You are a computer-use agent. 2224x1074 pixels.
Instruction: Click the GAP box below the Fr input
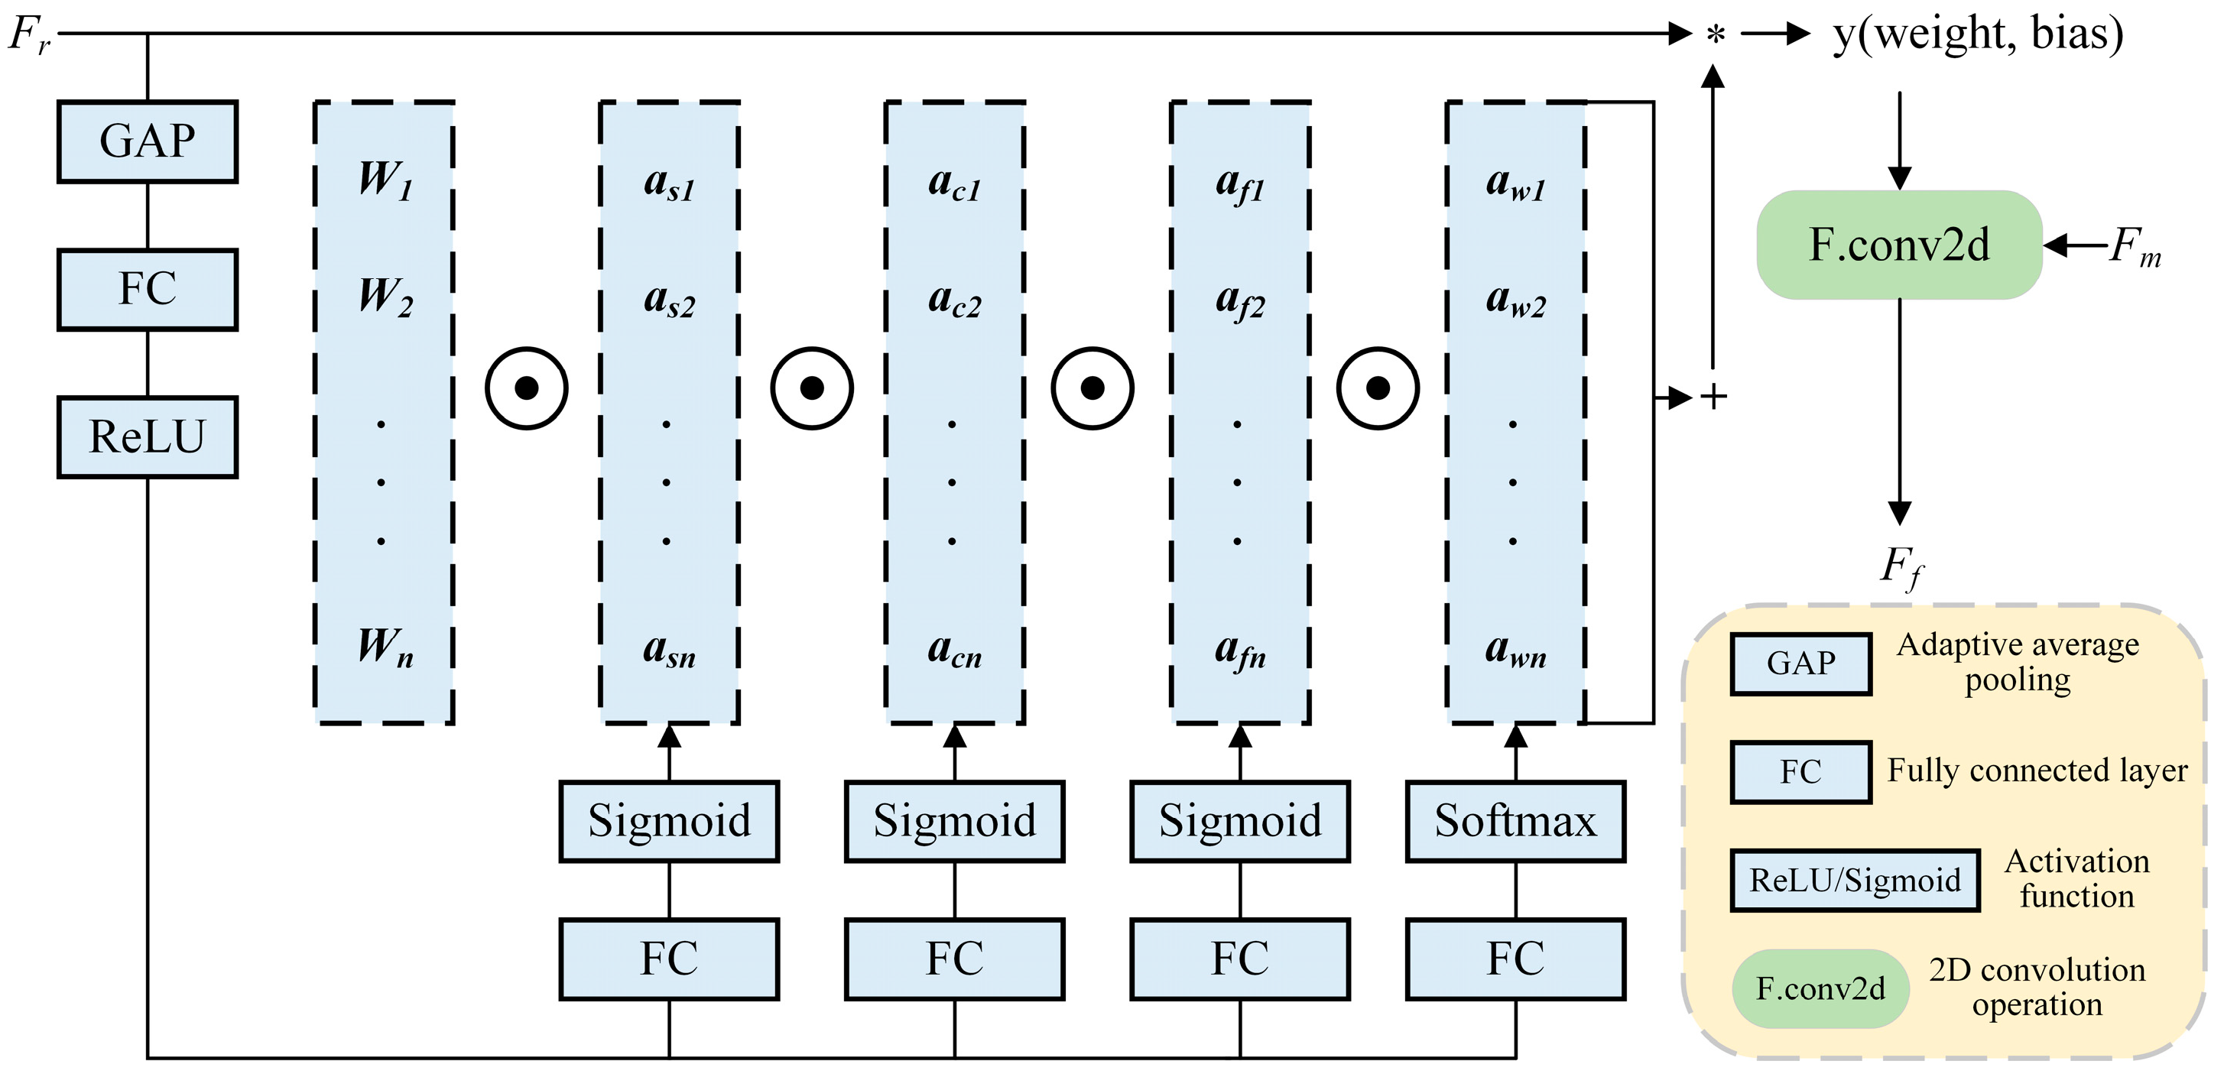148,141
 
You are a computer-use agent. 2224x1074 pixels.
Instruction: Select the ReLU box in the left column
148,436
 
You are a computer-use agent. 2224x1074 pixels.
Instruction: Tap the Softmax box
1515,821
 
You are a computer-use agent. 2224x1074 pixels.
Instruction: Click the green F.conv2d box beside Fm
1898,245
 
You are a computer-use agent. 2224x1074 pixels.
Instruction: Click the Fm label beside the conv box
2135,247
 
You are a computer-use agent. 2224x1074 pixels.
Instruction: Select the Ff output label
1901,567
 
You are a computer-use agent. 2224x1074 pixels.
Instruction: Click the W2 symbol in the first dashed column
385,296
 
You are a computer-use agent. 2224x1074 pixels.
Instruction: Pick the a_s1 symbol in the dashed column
669,184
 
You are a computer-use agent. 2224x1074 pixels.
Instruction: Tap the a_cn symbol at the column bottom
954,650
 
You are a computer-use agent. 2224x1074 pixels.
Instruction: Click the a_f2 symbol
1240,301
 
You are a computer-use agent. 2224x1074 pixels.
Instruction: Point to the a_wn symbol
1515,650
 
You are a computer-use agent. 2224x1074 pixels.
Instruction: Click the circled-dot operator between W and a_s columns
526,388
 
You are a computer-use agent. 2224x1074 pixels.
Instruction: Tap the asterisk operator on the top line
1715,36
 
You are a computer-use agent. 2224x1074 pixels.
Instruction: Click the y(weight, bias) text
1977,34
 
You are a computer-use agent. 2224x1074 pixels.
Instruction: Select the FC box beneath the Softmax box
1515,959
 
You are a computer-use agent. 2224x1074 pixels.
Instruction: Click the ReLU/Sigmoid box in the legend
1855,881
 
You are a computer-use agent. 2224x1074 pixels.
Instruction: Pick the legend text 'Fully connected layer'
2037,770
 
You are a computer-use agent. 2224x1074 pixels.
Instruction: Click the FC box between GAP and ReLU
148,289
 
